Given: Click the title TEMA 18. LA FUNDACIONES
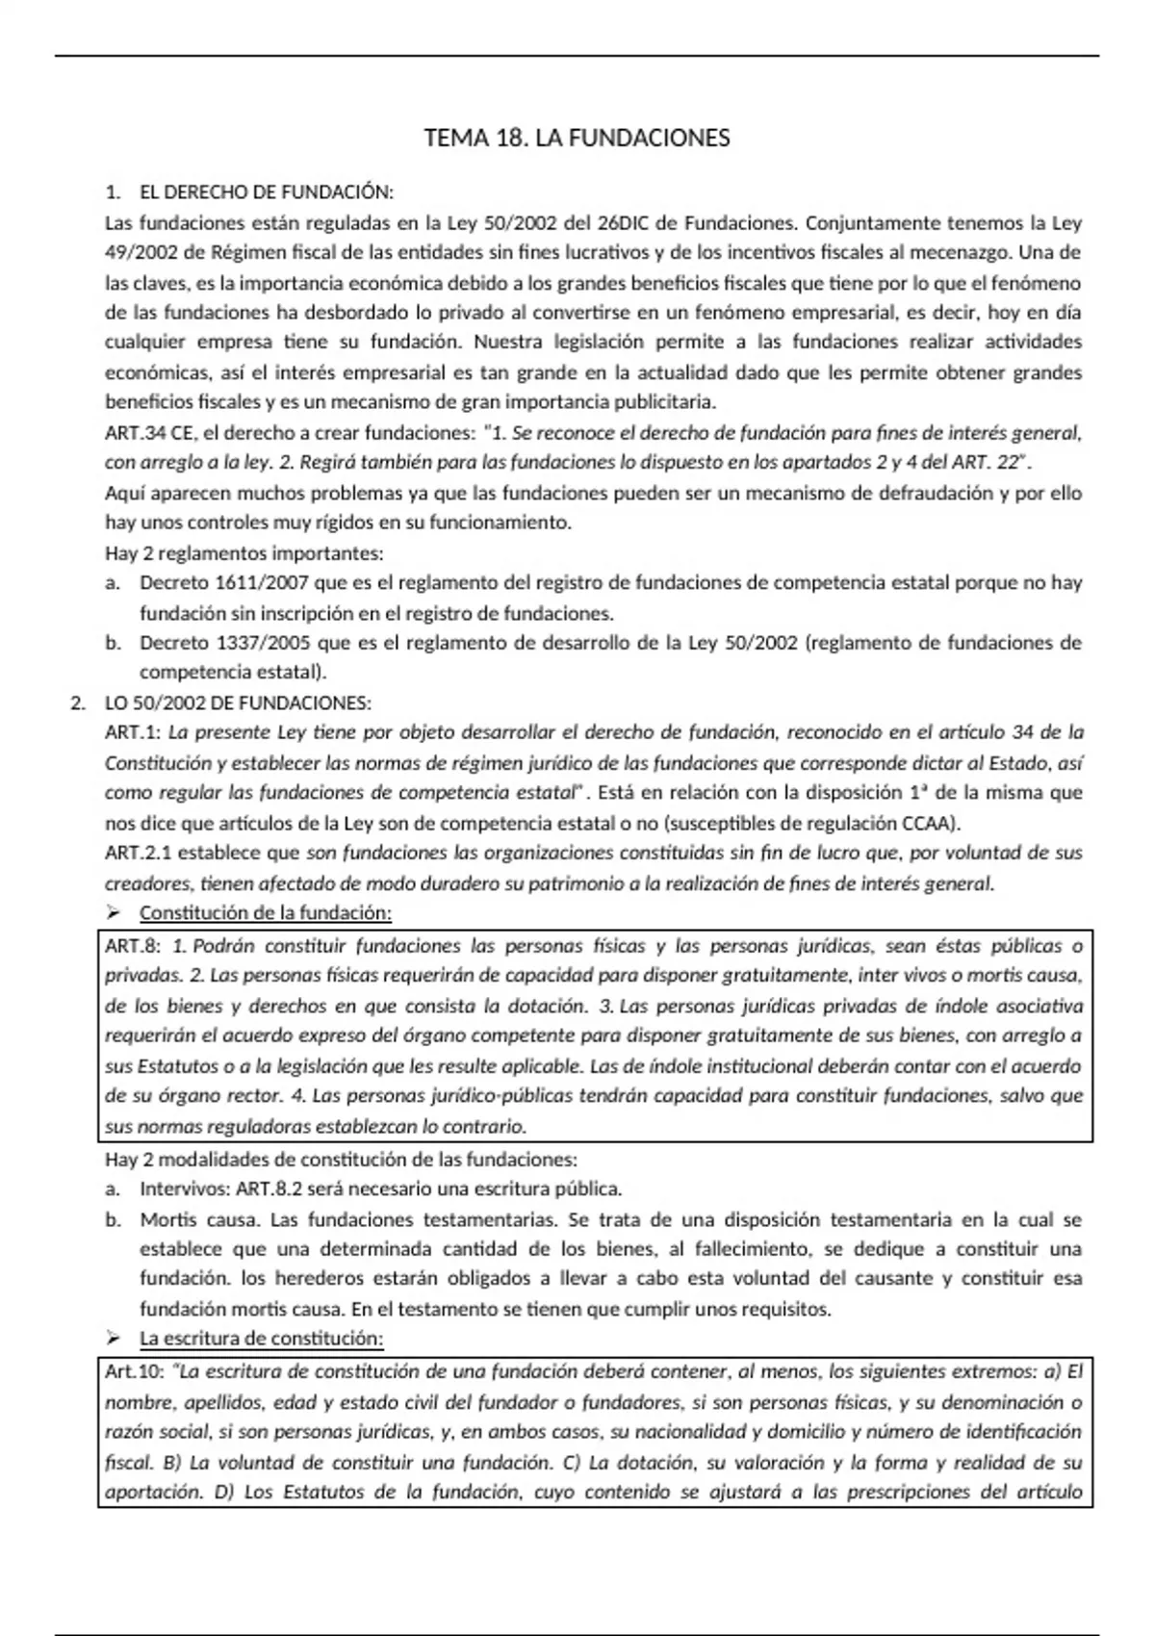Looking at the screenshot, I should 577,139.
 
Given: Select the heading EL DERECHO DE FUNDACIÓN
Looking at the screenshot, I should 267,192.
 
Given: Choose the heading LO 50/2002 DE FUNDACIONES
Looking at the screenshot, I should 238,703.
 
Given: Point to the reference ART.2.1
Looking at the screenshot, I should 140,853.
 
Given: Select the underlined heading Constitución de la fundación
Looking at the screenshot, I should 266,912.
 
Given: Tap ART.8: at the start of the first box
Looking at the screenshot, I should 133,946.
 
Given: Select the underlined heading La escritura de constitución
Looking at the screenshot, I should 262,1338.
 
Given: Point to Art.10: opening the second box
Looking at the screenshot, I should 134,1372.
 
